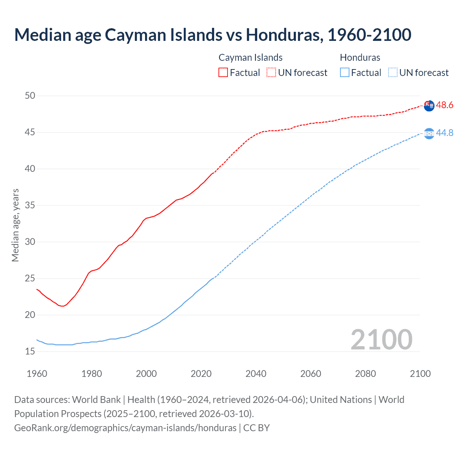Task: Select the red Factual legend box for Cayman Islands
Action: [223, 72]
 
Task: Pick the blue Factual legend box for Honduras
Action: [345, 72]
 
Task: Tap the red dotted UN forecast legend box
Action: [271, 72]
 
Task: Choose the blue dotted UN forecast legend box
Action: [393, 72]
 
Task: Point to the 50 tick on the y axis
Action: [30, 96]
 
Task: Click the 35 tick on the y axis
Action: [30, 205]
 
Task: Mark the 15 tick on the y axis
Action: [30, 351]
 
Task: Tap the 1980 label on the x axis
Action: [92, 374]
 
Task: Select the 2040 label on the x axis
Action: [256, 374]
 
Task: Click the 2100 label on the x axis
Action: [420, 374]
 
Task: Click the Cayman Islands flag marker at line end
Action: [429, 106]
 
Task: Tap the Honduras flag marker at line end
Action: [429, 133]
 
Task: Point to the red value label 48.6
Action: [445, 105]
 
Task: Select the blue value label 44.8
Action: [445, 133]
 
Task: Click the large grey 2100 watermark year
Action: [381, 340]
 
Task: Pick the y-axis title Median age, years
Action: [15, 225]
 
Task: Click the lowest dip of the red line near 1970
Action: [63, 306]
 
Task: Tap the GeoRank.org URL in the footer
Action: [125, 428]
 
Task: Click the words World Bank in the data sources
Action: [96, 400]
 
